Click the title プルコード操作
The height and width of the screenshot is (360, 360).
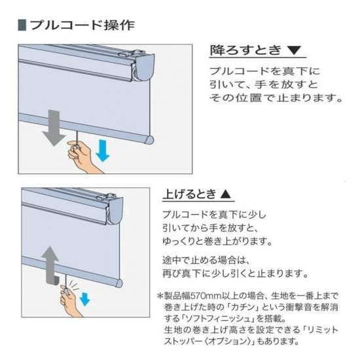coord(82,25)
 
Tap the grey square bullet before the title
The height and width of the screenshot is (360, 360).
coord(22,26)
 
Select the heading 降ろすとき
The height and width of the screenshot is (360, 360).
coord(245,50)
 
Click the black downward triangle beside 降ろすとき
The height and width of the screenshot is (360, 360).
coord(294,50)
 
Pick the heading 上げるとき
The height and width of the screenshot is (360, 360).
coord(189,194)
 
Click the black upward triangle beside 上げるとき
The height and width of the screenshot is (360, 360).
coord(225,194)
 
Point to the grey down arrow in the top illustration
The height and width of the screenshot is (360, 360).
coord(54,128)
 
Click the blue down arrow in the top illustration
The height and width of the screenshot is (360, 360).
coord(103,151)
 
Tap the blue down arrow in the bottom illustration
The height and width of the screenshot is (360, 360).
coord(84,298)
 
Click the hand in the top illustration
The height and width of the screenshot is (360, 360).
coord(82,156)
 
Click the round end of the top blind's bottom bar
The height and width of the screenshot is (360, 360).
coord(149,139)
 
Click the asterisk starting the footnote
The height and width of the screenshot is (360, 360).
coord(160,295)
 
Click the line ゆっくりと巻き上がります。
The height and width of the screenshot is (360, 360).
coord(217,242)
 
